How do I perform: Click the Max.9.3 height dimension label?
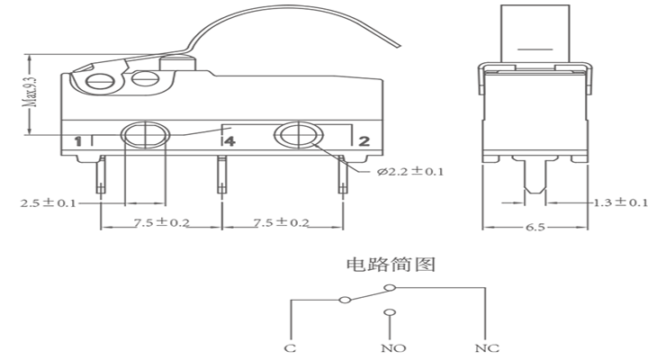31,91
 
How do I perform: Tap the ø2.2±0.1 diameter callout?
410,172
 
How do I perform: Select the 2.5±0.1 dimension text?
48,202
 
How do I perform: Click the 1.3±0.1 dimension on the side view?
621,202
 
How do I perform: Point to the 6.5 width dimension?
535,228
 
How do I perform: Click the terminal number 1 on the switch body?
77,141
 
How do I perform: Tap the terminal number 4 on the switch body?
229,141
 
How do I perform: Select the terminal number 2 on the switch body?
364,141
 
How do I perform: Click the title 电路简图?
391,265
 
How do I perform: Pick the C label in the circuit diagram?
290,348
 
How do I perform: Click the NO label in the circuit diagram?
393,348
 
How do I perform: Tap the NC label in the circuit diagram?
487,348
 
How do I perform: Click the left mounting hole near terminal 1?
146,134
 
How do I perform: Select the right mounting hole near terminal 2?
299,134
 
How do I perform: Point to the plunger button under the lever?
177,63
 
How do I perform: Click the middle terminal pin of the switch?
222,175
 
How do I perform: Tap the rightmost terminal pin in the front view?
343,175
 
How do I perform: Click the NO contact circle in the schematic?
390,313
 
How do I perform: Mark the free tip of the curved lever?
400,46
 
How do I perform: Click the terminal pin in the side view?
535,175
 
